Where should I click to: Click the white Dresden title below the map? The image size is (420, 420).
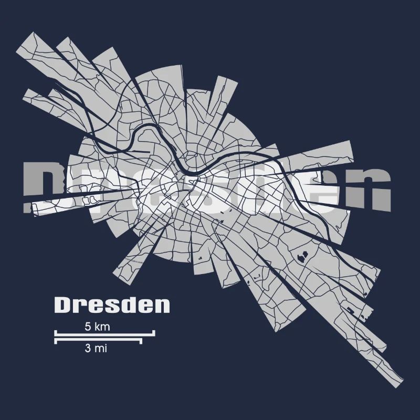[x=112, y=304]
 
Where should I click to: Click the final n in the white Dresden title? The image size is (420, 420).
[x=163, y=306]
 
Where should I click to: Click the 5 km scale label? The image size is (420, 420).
[x=97, y=327]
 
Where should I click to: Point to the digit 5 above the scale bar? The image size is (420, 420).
[x=88, y=327]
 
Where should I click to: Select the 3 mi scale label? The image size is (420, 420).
[x=96, y=348]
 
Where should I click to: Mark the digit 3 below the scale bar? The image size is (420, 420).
[x=87, y=348]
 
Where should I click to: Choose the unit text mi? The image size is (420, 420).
[x=100, y=348]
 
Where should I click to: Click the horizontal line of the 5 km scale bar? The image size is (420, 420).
[x=105, y=333]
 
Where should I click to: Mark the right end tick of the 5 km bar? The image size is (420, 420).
[x=154, y=332]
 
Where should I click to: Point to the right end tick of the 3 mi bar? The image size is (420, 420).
[x=141, y=341]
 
